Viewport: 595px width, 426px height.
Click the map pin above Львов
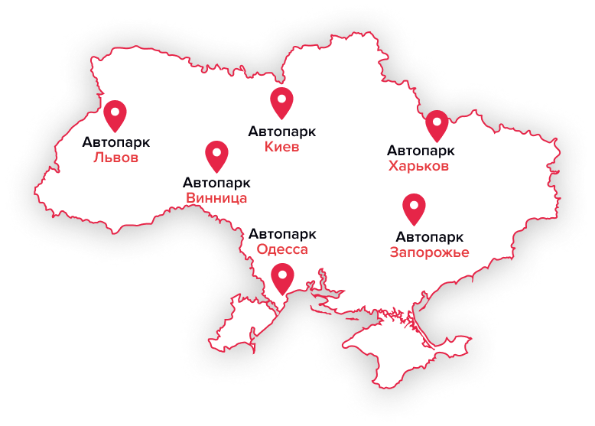[115, 115]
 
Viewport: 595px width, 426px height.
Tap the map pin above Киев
[282, 102]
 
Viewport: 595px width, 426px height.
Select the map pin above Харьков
[437, 125]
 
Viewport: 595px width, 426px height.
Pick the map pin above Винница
[217, 156]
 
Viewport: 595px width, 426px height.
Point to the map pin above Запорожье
[414, 209]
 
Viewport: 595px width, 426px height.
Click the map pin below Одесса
[283, 278]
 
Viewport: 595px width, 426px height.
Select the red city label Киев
[281, 147]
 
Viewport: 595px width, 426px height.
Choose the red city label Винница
[216, 199]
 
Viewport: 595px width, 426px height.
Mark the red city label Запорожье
[429, 252]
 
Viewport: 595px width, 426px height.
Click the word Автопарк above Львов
[115, 141]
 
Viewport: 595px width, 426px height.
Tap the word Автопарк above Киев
[282, 131]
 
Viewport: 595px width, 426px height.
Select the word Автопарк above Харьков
[421, 150]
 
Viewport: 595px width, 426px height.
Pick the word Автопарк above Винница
[216, 183]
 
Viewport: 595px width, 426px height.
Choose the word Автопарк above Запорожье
[430, 236]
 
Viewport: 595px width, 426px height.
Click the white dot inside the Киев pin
[282, 98]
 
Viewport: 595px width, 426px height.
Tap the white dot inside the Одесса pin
[283, 273]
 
